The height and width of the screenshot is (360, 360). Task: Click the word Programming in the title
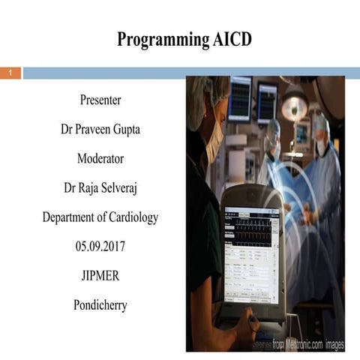coord(157,40)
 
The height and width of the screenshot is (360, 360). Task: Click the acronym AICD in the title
coord(227,40)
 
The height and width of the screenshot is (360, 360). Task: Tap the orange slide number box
coord(10,73)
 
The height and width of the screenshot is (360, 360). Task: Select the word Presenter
coord(100,100)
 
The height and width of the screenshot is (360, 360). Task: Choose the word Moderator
coord(100,158)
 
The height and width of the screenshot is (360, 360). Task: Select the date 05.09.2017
coord(100,247)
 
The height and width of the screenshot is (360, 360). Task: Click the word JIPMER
coord(100,276)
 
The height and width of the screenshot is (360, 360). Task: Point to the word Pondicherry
coord(100,305)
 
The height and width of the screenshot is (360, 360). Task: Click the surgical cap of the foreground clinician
coord(207,94)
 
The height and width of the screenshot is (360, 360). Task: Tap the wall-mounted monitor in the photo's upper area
coord(241,97)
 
